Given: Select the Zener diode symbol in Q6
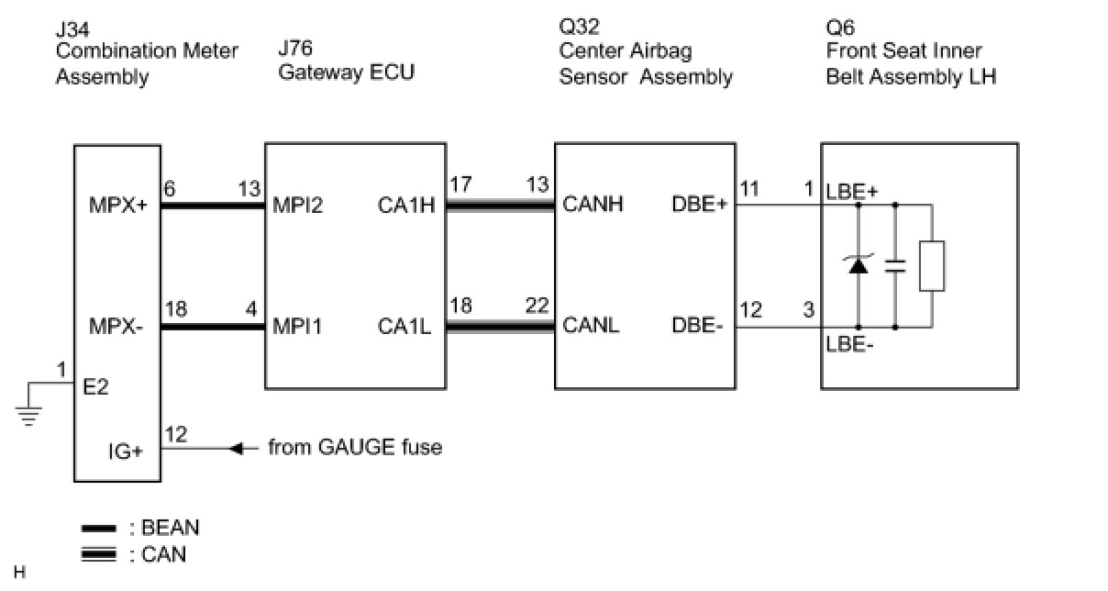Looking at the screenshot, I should click(859, 266).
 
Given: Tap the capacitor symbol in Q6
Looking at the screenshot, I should click(894, 266).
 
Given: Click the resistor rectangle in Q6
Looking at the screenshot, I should click(932, 266).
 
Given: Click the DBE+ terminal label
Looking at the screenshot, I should click(699, 204).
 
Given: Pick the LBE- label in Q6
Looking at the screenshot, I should click(848, 348).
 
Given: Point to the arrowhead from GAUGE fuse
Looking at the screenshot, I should click(236, 449).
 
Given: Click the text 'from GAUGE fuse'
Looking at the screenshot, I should click(355, 448).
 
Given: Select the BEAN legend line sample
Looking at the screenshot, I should click(99, 529).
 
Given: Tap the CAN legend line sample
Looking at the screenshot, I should click(99, 554).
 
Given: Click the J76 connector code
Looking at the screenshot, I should click(295, 48).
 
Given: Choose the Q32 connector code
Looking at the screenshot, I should click(578, 26).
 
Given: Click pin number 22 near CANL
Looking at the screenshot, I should click(536, 307).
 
